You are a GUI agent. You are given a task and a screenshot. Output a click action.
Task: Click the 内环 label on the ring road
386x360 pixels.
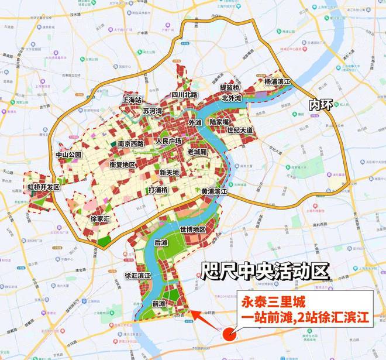click(320, 105)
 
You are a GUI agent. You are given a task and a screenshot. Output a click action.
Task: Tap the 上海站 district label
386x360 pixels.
click(133, 100)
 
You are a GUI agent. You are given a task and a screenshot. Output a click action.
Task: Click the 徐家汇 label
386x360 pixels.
click(102, 218)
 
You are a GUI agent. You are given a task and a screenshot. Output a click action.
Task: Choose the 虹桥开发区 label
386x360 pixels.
click(44, 187)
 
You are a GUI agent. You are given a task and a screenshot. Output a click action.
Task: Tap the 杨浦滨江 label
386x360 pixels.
click(278, 82)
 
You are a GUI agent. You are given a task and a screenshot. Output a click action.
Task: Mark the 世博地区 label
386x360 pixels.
click(193, 229)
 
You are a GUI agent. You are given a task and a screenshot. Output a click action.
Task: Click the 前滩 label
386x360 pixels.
click(158, 303)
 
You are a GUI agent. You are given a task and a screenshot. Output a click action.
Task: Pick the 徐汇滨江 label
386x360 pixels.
click(138, 275)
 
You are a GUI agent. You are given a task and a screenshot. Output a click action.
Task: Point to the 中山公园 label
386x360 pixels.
click(68, 155)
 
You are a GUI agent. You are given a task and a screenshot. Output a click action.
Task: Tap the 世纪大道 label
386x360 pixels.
click(240, 130)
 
